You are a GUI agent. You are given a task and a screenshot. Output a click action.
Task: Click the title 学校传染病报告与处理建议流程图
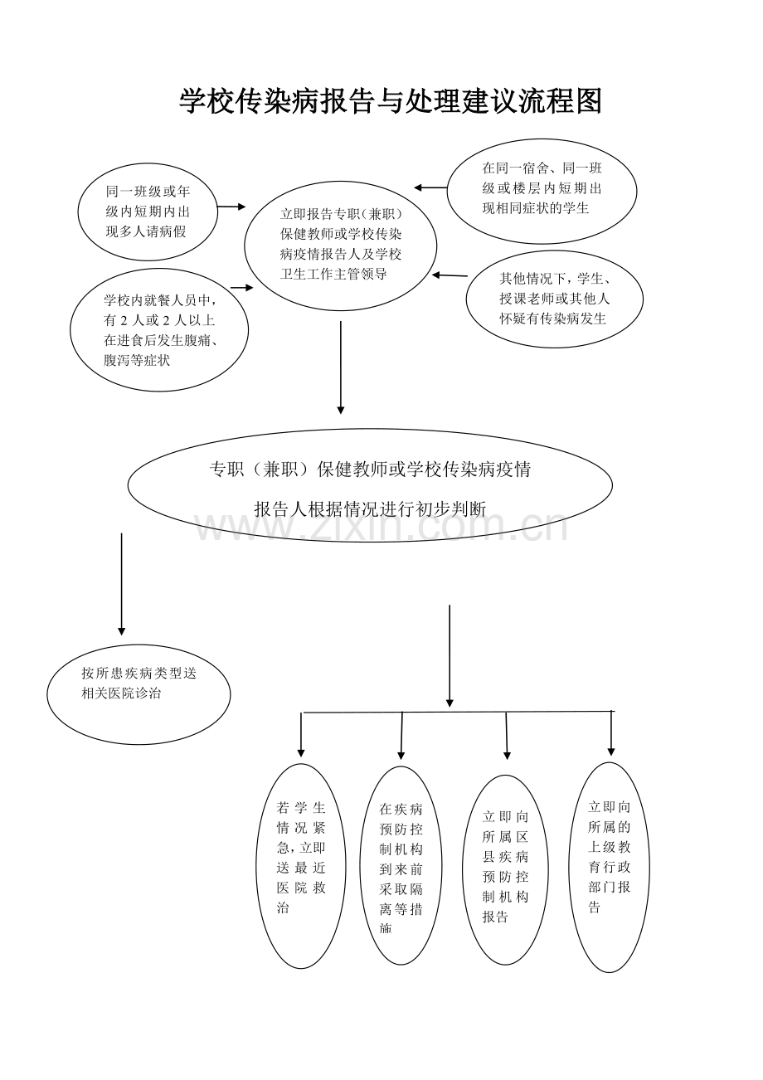tap(391, 102)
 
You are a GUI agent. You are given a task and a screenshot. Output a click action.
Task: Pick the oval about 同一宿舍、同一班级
tap(542, 190)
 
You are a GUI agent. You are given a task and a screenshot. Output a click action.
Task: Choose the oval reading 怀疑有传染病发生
tap(554, 299)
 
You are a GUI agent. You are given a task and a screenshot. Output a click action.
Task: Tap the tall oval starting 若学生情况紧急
tap(300, 866)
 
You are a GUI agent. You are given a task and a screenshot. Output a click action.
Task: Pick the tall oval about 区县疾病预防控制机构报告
tap(506, 869)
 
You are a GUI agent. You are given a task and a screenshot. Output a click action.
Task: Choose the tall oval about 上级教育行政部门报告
tap(610, 867)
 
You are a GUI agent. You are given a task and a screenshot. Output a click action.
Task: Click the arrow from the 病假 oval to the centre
tap(231, 207)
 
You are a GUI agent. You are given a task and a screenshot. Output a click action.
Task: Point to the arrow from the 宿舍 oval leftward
tap(430, 188)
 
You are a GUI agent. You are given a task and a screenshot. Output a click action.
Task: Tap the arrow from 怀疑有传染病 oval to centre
tap(450, 275)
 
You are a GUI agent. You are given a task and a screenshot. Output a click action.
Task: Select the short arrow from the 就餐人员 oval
tap(241, 287)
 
